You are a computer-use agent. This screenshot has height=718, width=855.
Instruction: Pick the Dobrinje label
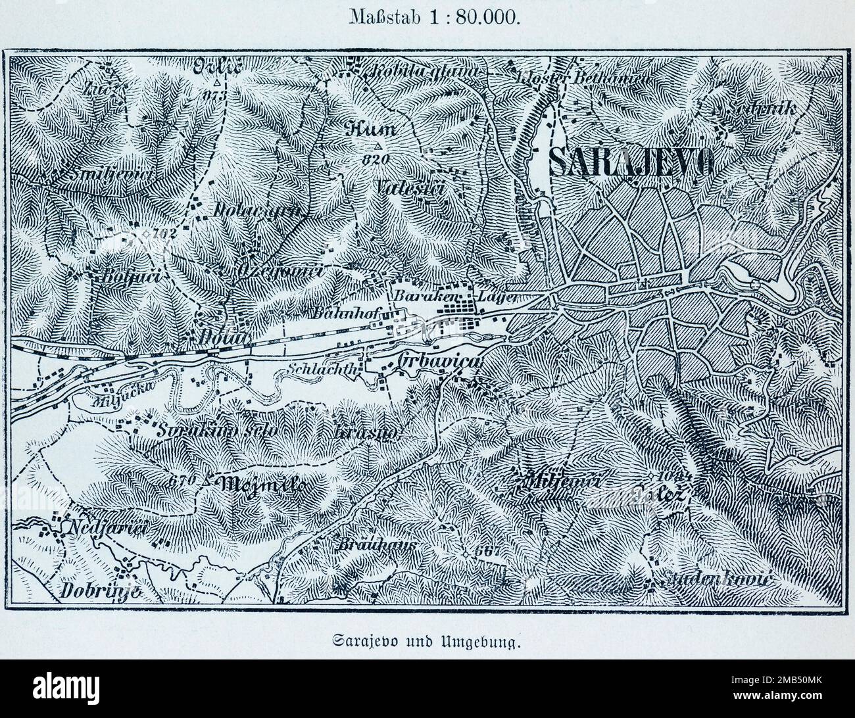pyautogui.click(x=101, y=590)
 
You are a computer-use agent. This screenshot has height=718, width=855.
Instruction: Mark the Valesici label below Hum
pyautogui.click(x=413, y=188)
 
